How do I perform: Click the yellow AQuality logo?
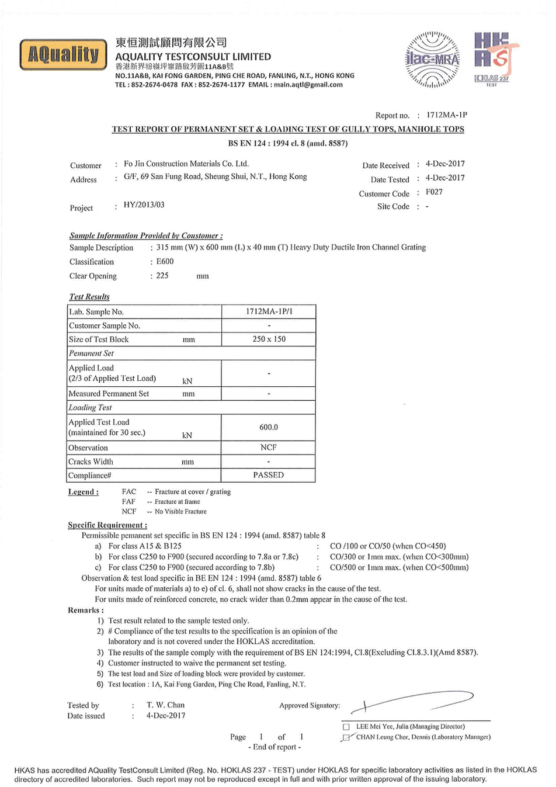tap(63, 55)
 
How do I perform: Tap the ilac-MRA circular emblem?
tap(432, 60)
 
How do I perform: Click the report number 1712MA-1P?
tap(447, 115)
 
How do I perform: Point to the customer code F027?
tap(434, 192)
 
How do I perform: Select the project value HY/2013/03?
tap(144, 205)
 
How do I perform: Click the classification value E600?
tap(165, 262)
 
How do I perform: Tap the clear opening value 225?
tap(162, 276)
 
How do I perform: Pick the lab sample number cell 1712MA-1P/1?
tap(269, 311)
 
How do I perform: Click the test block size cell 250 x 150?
tap(269, 339)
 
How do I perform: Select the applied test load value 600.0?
tap(269, 427)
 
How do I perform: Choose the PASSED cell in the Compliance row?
tap(269, 475)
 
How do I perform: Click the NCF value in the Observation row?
tap(269, 448)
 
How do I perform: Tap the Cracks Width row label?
tap(91, 462)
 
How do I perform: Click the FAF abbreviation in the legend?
tap(128, 501)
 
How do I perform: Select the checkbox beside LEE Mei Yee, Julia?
tap(346, 727)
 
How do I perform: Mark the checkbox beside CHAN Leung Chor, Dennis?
tap(346, 737)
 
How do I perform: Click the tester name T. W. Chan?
tap(165, 705)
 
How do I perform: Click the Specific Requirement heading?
tap(107, 525)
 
